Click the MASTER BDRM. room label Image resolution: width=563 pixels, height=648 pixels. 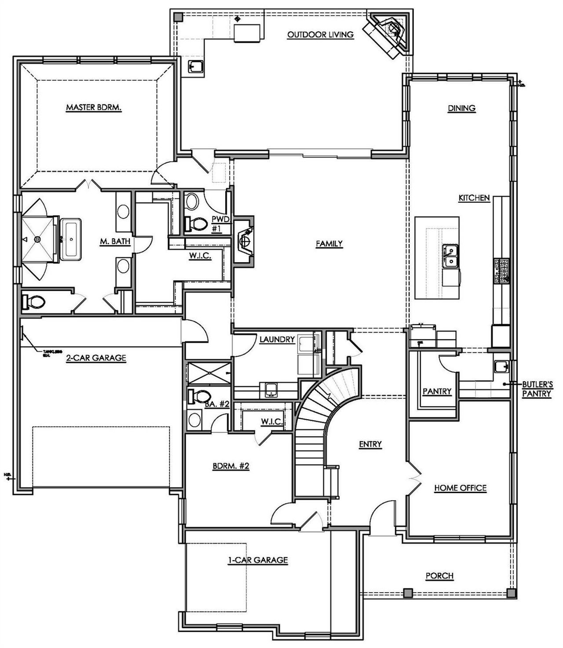(x=93, y=107)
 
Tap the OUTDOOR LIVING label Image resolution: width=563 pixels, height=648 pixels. (x=320, y=35)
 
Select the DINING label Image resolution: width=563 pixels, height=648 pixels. (x=462, y=108)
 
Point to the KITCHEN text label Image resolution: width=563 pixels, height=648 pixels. (x=474, y=198)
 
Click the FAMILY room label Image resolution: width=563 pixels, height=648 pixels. (x=329, y=243)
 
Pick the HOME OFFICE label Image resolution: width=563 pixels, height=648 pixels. (x=460, y=488)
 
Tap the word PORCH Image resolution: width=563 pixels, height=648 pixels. (x=439, y=575)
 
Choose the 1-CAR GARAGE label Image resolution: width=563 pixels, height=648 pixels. (x=257, y=560)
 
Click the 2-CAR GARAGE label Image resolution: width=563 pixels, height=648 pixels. (x=96, y=358)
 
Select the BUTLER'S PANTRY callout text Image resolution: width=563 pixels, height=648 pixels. (x=537, y=389)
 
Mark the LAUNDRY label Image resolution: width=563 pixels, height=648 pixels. (x=277, y=339)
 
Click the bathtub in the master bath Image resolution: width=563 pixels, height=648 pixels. (x=70, y=239)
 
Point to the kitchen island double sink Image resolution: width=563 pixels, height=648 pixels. (x=450, y=256)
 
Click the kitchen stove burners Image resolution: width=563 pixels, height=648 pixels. (x=501, y=271)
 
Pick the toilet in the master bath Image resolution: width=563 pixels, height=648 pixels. (x=34, y=302)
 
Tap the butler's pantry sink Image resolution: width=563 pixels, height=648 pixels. (x=501, y=366)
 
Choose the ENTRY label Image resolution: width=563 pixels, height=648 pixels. (x=370, y=444)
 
